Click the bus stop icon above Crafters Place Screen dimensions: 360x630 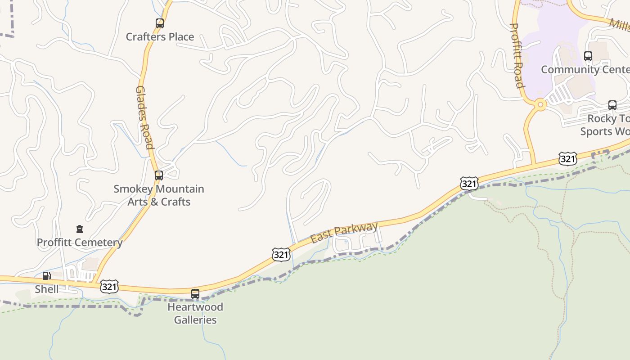160,23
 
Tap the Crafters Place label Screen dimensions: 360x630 160,37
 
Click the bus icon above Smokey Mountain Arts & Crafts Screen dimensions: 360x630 159,175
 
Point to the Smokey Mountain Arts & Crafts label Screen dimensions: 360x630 159,195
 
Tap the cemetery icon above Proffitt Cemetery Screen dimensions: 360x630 80,229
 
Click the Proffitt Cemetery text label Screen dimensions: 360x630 80,243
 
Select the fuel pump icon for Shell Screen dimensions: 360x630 47,276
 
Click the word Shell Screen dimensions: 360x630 47,289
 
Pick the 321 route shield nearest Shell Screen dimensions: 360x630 109,287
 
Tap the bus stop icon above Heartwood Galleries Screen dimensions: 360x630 195,294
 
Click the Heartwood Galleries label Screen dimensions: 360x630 195,314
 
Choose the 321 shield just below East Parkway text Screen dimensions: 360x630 281,255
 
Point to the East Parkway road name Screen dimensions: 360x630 344,233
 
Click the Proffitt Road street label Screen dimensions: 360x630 517,55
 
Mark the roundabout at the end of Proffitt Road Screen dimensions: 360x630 540,105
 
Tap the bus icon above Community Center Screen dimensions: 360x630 588,56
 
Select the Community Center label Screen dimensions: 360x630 585,70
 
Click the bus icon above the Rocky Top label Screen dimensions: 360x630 612,105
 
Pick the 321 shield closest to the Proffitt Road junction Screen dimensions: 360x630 568,158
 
